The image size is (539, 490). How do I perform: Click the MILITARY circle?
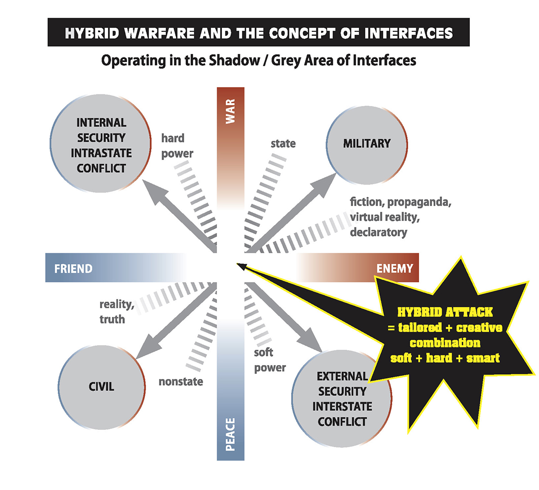367,145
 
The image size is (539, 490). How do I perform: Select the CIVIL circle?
102,387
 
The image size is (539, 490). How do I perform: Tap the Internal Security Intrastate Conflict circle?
101,143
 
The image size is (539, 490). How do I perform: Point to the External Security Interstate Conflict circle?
342,398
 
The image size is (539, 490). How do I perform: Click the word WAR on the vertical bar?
230,111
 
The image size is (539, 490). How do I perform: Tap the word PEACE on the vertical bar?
230,434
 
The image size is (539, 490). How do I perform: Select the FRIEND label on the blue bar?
73,268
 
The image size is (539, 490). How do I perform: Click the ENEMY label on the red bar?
395,268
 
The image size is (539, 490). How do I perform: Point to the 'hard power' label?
177,146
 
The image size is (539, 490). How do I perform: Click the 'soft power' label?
270,360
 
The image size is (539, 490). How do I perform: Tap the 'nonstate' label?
181,382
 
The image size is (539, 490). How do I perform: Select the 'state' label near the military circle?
283,143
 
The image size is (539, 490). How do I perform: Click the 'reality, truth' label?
117,312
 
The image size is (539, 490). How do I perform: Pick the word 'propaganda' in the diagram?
420,202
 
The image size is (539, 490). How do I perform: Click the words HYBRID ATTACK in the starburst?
445,312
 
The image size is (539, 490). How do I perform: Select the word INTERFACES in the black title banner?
409,33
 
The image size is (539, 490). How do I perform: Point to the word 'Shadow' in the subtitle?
234,61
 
